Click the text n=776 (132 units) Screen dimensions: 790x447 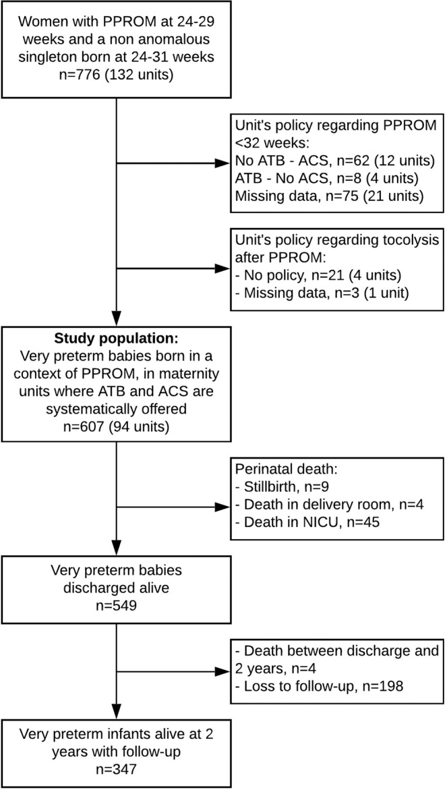[117, 73]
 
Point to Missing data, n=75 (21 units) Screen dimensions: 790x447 [328, 197]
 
